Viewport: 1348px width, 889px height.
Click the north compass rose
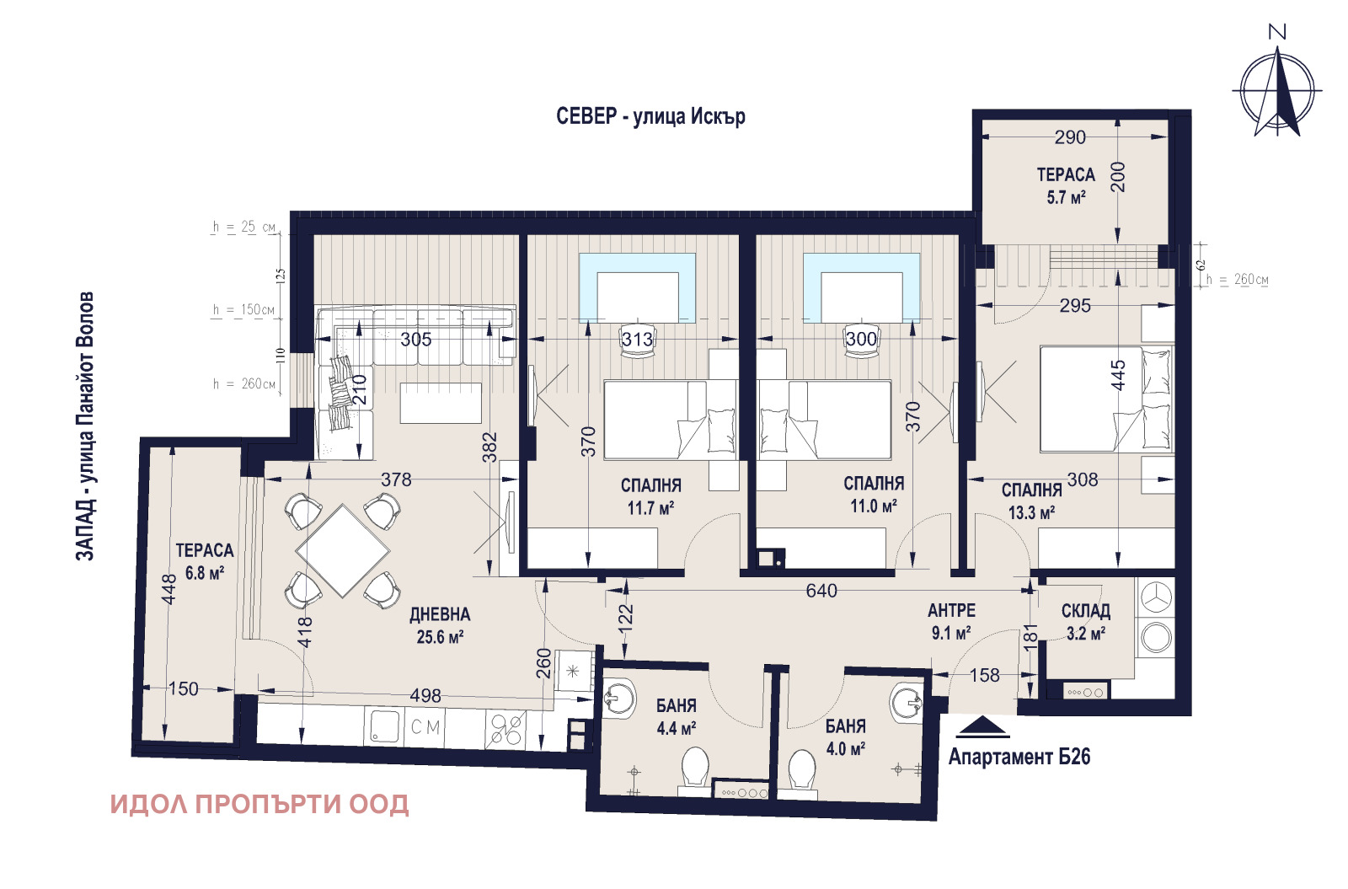click(x=1277, y=91)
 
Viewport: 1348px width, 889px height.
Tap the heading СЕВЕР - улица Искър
click(x=650, y=116)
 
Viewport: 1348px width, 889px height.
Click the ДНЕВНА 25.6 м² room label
click(x=440, y=625)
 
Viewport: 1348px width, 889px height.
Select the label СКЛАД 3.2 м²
click(x=1085, y=621)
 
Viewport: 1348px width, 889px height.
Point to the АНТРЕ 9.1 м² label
click(x=951, y=620)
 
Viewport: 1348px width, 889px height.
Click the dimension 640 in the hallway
click(x=821, y=591)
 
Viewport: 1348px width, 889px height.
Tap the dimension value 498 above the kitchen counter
click(x=425, y=695)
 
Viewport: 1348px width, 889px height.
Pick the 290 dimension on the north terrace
click(x=1070, y=137)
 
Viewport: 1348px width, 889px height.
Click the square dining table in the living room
click(x=343, y=550)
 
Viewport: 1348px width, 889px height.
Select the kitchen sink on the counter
click(x=384, y=726)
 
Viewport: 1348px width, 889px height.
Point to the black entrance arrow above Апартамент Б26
click(x=982, y=727)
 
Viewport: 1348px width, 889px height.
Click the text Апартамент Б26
click(x=1019, y=757)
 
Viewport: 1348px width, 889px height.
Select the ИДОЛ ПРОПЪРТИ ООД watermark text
click(x=259, y=804)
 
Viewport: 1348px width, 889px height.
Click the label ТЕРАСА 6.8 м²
click(x=204, y=561)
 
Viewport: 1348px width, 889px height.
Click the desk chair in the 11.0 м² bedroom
click(x=861, y=343)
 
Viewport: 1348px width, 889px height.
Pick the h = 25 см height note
click(x=243, y=227)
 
